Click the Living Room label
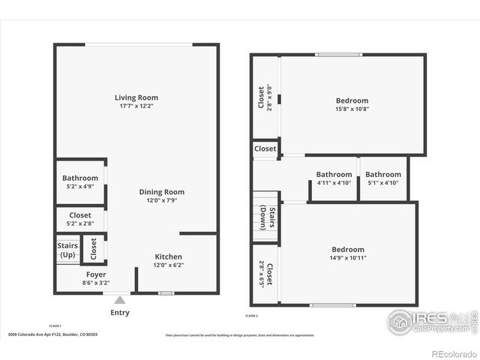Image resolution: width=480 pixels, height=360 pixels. tap(136, 97)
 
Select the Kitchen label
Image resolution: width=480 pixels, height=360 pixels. tap(168, 256)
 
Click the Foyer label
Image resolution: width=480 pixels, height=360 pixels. tap(95, 274)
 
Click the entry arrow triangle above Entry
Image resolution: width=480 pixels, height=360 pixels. tap(119, 300)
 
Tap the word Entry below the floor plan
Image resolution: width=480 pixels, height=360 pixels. tap(119, 313)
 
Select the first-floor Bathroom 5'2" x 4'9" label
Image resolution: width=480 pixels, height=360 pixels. tap(79, 178)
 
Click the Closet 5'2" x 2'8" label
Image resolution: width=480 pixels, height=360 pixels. tap(79, 215)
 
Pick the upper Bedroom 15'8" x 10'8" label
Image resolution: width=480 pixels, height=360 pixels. tap(352, 100)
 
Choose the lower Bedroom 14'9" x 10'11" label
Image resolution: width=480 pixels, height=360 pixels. tap(348, 250)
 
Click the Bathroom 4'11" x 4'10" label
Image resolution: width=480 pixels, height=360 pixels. tap(334, 175)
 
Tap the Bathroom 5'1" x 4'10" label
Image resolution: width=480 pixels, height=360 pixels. tap(383, 175)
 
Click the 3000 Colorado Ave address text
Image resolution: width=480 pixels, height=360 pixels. tap(52, 335)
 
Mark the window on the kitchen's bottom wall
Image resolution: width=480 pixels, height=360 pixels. tap(166, 293)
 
